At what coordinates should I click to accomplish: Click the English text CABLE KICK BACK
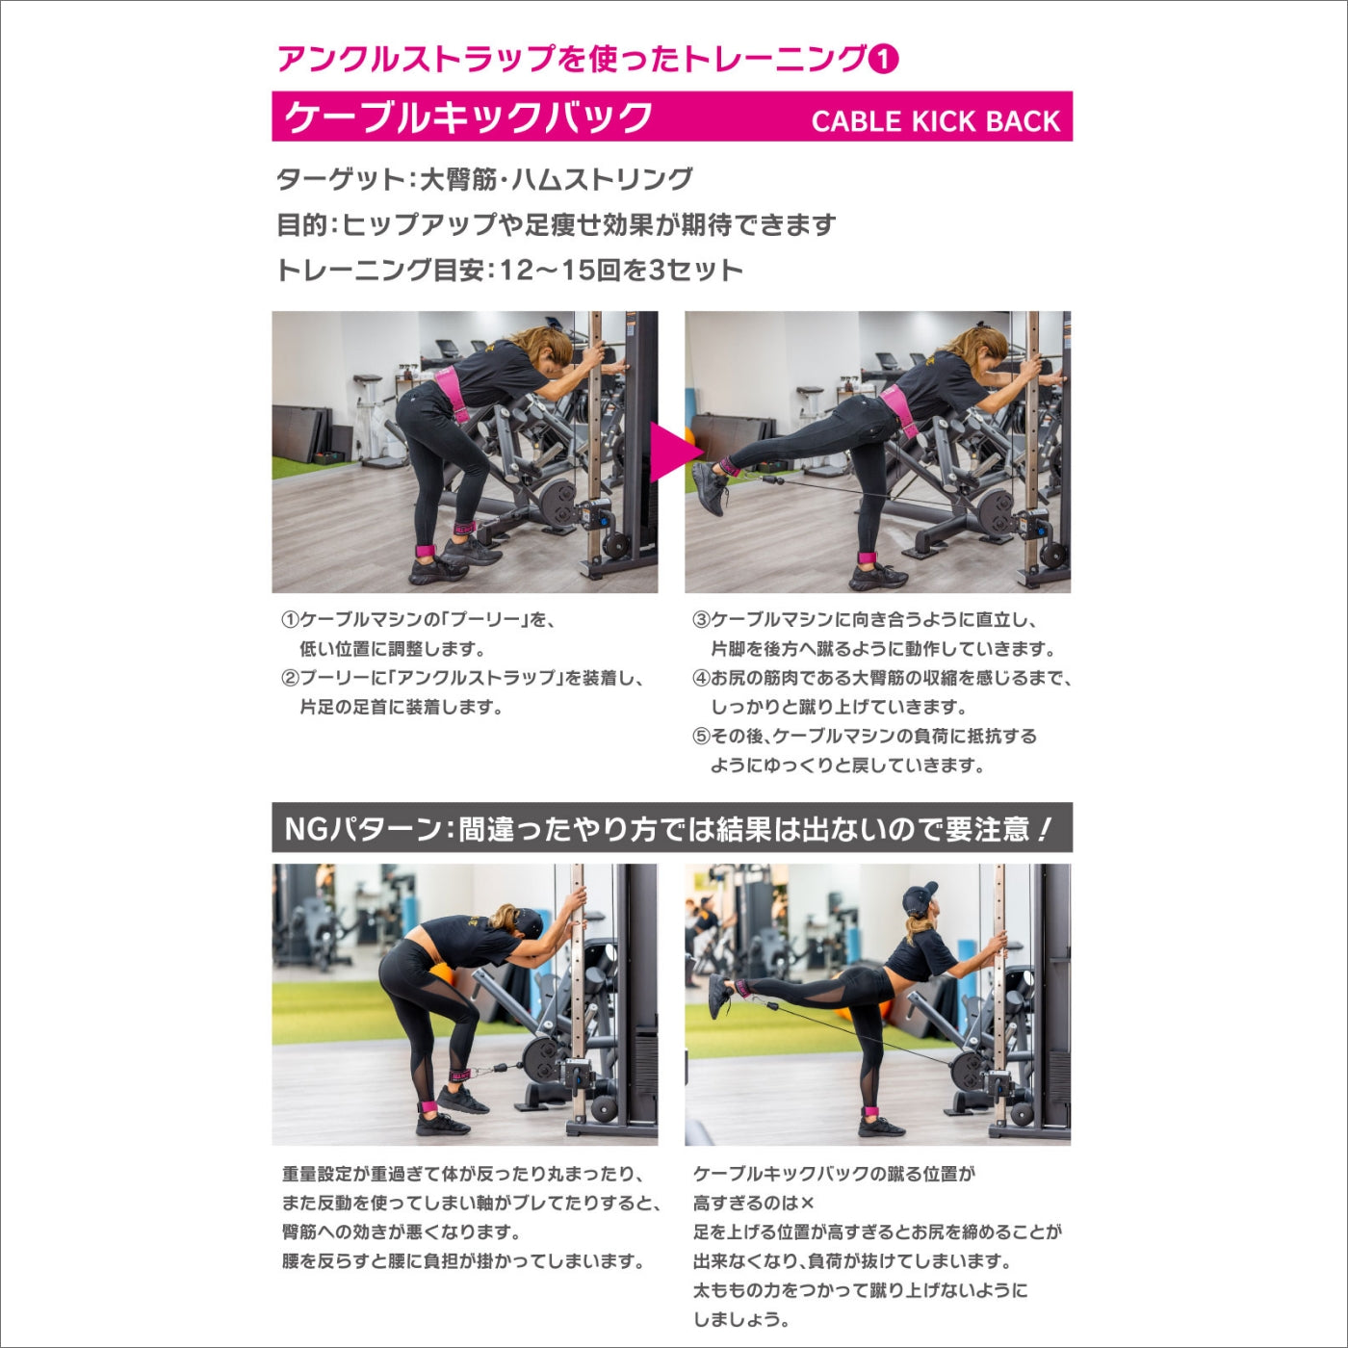935,121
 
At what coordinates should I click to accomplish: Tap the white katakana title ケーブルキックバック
468,117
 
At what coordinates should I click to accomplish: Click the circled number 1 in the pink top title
883,60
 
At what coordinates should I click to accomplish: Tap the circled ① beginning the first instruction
291,620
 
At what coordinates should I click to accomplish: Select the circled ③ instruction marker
702,620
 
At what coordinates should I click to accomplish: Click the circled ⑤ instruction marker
702,736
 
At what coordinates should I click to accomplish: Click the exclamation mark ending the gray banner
1044,830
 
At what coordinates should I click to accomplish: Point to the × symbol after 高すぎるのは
807,1204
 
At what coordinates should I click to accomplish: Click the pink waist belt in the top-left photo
452,392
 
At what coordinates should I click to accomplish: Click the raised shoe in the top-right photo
710,487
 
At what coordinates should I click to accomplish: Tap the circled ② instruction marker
291,678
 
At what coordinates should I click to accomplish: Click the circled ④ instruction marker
702,678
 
